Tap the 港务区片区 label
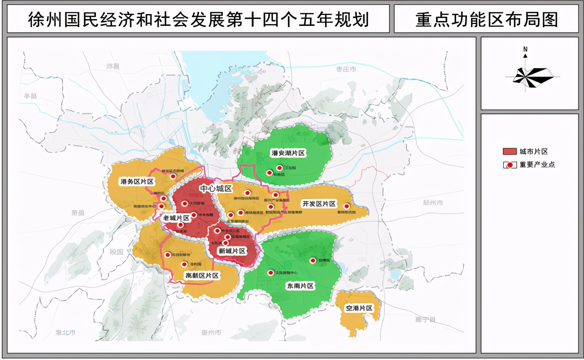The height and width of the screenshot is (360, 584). point(137,182)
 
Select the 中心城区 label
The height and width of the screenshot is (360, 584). point(216,188)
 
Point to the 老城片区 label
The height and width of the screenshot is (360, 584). point(176,218)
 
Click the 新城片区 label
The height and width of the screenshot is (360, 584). point(232,251)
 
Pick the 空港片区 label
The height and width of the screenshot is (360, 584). point(360,308)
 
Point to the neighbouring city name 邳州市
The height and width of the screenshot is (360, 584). point(433,203)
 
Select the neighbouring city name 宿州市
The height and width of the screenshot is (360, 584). point(212,333)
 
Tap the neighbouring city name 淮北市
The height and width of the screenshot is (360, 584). point(65,333)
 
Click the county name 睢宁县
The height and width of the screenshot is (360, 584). point(425,320)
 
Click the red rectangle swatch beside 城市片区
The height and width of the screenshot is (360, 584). point(510,152)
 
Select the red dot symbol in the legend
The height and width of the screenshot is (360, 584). point(510,165)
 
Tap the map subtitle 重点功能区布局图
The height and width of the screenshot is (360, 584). point(486,19)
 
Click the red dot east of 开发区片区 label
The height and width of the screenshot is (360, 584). point(347,206)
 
